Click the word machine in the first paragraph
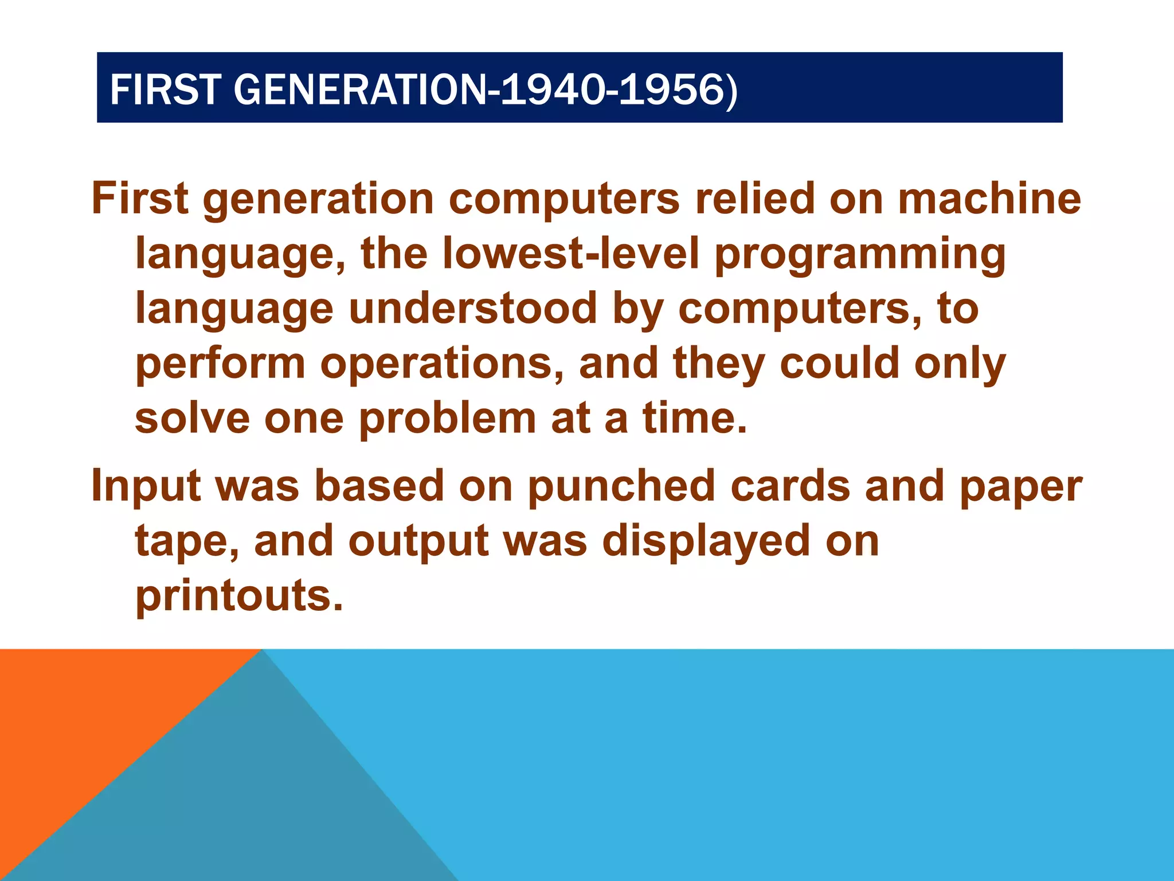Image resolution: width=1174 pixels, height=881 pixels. click(989, 198)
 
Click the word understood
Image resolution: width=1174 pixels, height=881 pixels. click(473, 308)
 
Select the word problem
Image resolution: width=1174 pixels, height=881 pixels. click(447, 419)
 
